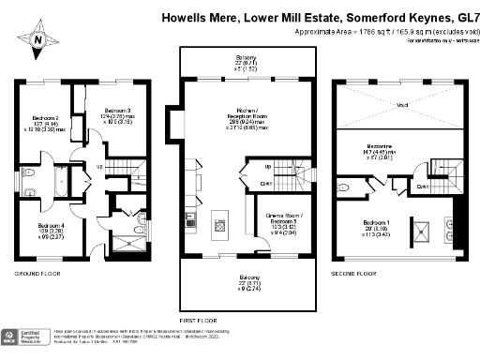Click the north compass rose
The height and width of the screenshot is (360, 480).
coord(37,40)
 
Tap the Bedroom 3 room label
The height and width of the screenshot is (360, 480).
coord(115,110)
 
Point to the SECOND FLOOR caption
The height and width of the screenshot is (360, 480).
coord(353,274)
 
